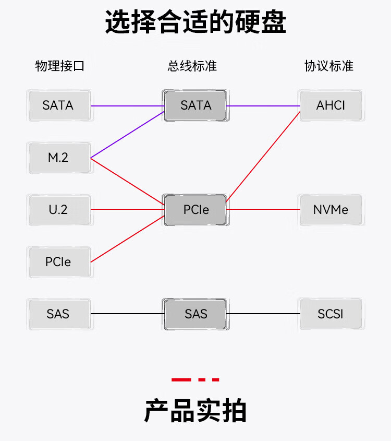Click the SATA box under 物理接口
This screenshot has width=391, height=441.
click(x=58, y=105)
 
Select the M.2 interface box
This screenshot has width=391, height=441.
click(x=58, y=158)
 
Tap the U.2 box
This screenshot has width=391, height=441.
click(x=58, y=210)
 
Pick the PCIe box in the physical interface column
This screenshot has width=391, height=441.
click(x=58, y=262)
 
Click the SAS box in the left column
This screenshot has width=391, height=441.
click(x=58, y=314)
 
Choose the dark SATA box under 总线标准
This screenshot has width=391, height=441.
click(x=195, y=105)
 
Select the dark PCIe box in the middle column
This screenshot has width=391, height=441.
click(x=195, y=210)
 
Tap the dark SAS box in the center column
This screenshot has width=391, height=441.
click(x=195, y=314)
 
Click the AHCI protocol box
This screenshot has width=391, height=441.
click(x=331, y=105)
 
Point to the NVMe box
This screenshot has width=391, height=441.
click(x=331, y=210)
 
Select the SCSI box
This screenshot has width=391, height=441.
click(x=331, y=314)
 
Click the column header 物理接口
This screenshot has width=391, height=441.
click(x=59, y=66)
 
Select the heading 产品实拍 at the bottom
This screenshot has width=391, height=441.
click(x=195, y=411)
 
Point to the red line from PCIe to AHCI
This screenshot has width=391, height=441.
click(x=263, y=156)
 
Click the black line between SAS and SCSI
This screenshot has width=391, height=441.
click(x=263, y=314)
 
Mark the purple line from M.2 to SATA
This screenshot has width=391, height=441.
click(x=128, y=134)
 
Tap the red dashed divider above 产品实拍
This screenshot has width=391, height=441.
click(x=195, y=379)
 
